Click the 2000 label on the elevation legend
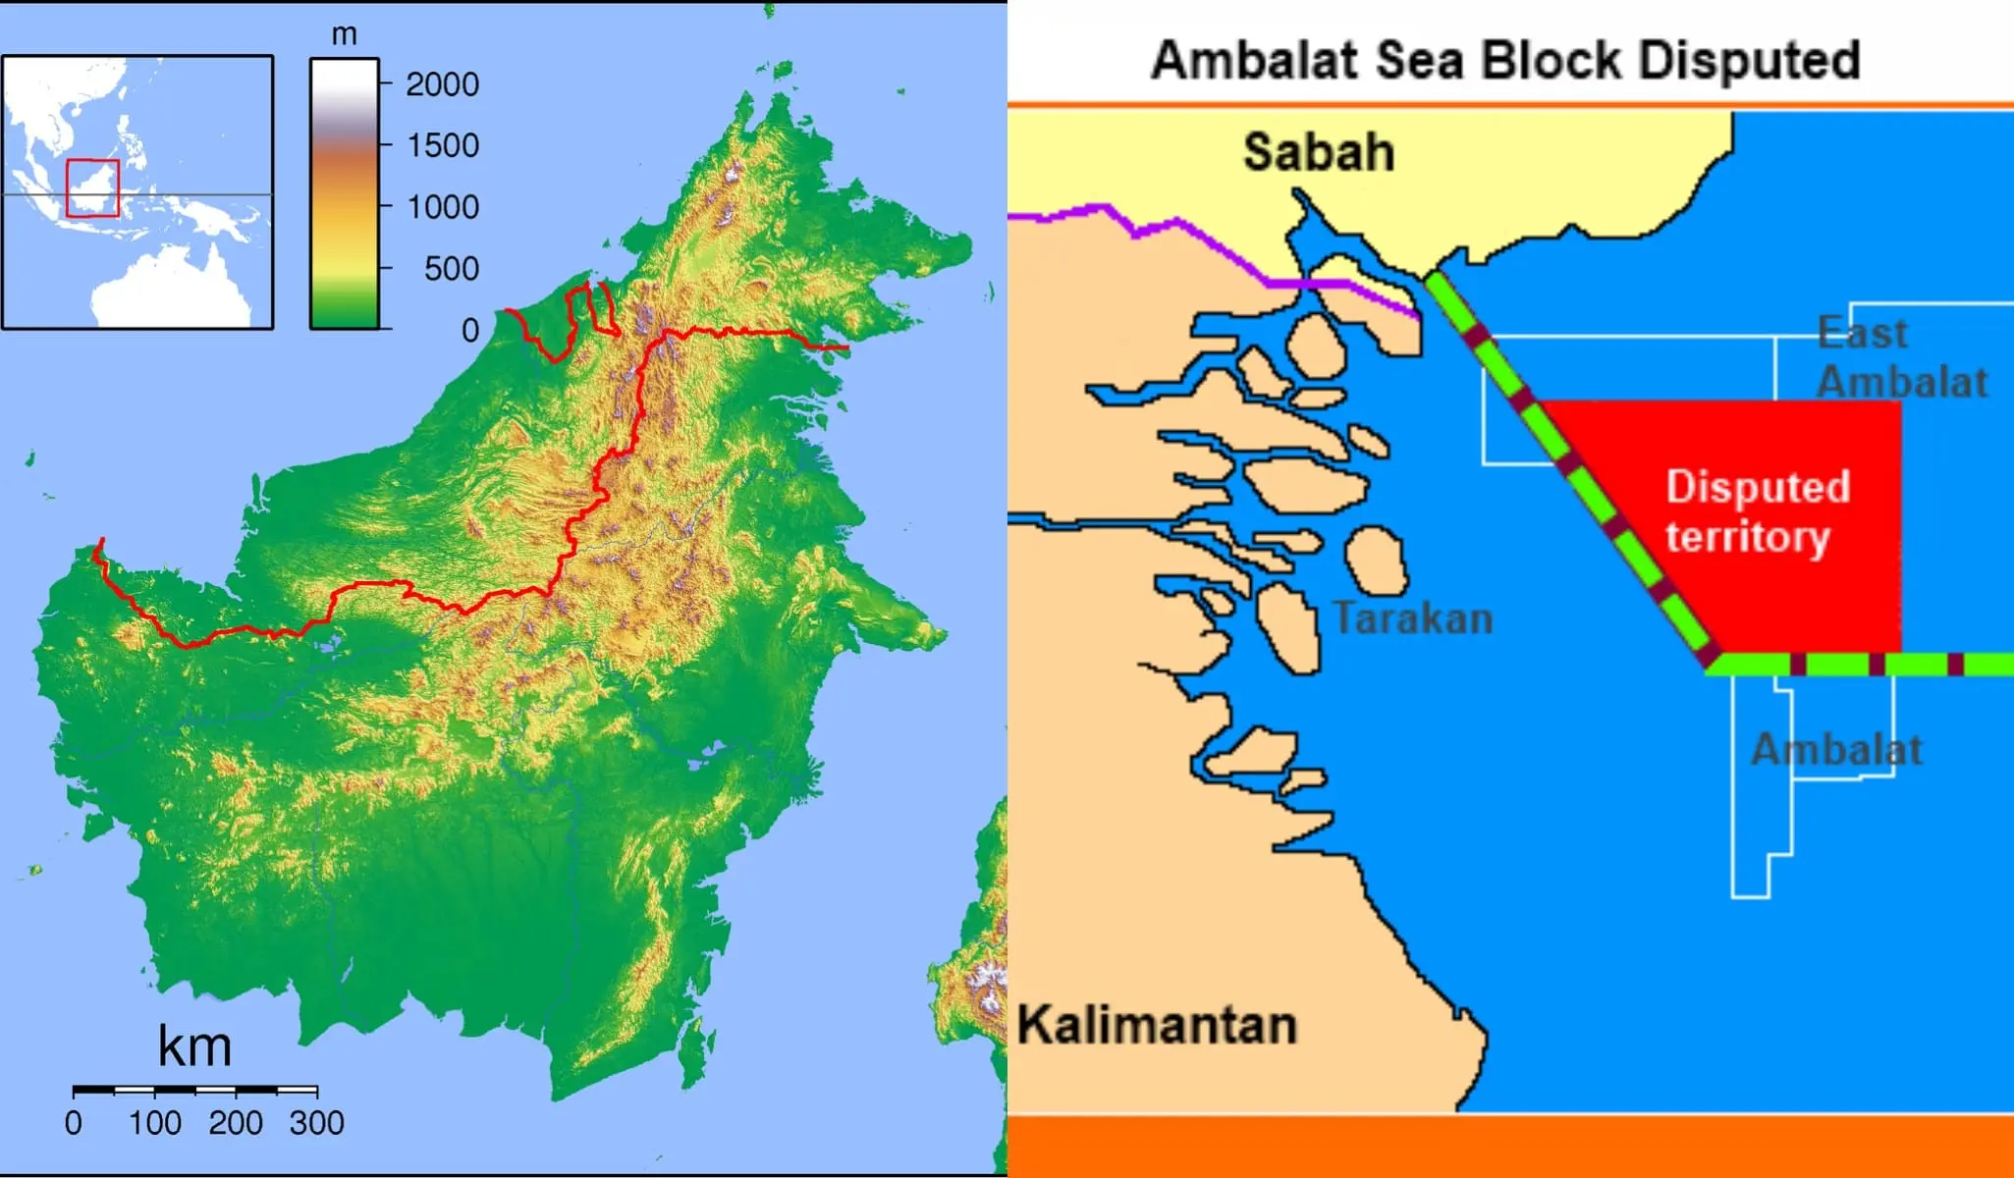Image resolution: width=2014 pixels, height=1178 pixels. click(442, 84)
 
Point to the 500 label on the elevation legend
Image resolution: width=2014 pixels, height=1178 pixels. click(451, 269)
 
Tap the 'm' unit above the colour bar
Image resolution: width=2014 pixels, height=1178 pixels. click(344, 35)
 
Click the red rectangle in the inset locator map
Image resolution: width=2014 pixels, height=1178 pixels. click(92, 187)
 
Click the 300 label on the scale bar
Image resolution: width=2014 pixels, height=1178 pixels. click(316, 1123)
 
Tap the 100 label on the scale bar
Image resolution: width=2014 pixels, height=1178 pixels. click(154, 1123)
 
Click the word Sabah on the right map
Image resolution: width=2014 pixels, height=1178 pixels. click(1318, 152)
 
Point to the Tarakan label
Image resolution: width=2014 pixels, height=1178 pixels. click(1412, 618)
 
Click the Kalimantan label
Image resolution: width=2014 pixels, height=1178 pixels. click(1156, 1025)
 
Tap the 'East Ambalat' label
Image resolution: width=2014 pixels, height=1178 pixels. click(1900, 357)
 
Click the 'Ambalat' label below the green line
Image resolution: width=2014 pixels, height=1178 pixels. click(1835, 750)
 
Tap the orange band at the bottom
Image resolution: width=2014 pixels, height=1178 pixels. click(1510, 1146)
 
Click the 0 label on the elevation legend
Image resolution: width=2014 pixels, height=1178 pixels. click(470, 331)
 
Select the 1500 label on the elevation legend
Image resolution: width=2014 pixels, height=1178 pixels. click(442, 146)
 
